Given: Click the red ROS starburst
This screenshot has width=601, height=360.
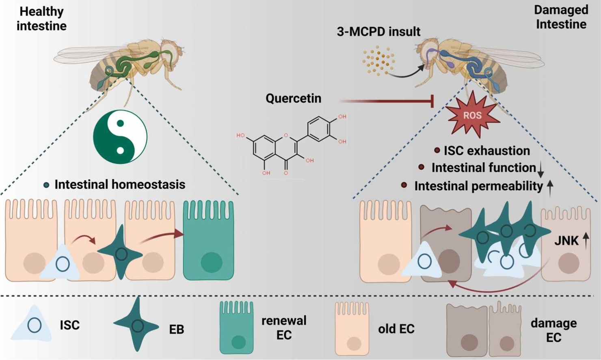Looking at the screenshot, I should (473, 115).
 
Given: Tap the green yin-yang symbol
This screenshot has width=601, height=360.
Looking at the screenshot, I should (120, 137).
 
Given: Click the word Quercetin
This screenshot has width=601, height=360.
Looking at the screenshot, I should (293, 98).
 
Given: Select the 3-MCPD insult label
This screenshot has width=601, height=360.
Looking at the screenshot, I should (378, 32).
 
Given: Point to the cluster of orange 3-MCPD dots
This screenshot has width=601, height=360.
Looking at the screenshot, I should (377, 61).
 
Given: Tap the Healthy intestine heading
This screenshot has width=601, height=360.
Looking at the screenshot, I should (41, 19).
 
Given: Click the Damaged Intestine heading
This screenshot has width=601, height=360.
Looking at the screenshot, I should (561, 17).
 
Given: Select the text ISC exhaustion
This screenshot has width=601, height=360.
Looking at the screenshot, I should (486, 151).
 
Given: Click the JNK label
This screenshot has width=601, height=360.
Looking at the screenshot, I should (566, 241).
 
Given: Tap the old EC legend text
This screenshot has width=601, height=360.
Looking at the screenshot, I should (396, 329).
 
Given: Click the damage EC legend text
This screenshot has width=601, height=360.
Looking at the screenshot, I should (553, 330).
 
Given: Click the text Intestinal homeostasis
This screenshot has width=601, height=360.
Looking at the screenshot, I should (120, 184).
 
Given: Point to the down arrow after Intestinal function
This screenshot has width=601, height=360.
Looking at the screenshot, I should (540, 170).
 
